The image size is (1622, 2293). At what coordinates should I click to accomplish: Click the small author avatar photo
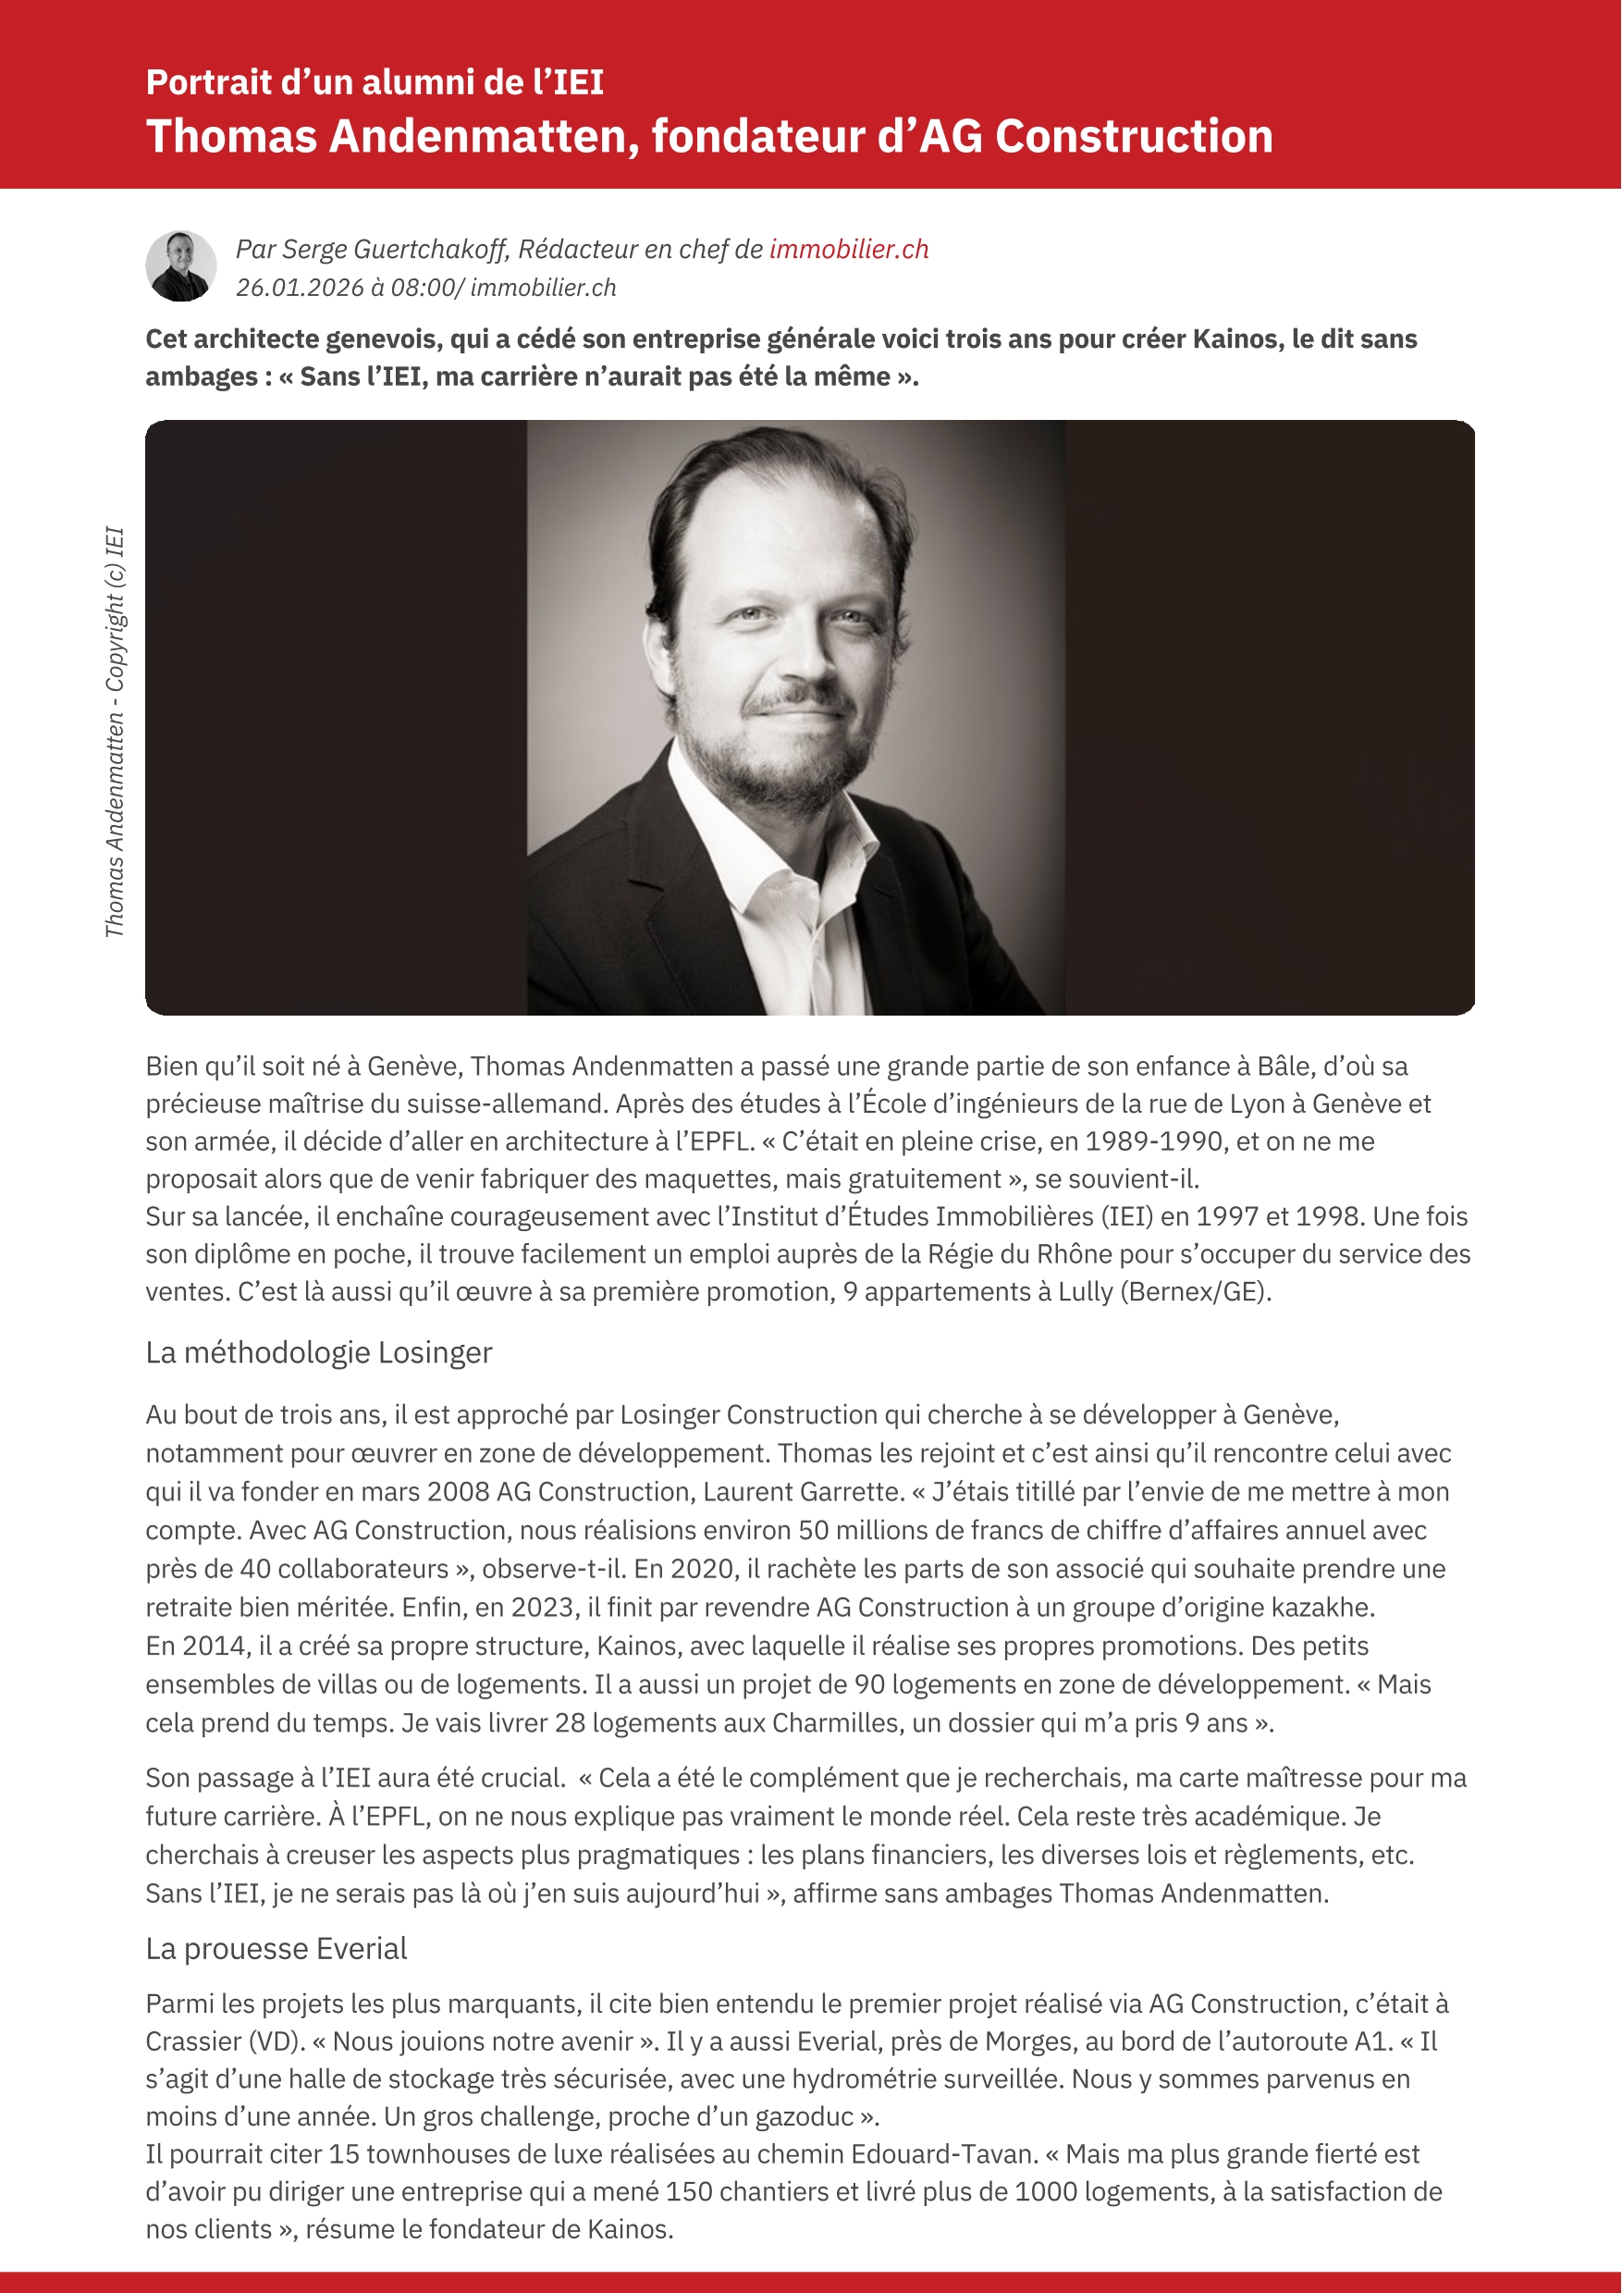click(x=180, y=266)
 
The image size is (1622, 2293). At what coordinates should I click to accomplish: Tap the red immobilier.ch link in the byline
click(x=849, y=249)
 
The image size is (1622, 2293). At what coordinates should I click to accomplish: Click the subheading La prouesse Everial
click(x=276, y=1948)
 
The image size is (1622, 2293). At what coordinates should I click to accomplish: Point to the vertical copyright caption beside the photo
click(x=115, y=732)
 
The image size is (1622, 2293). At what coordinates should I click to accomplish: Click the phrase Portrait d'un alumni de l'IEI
click(x=375, y=82)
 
